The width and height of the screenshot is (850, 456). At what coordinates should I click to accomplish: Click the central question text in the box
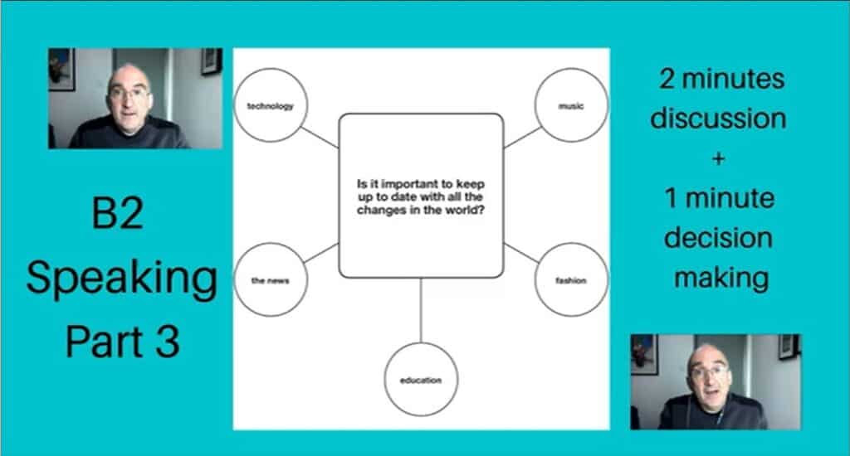click(421, 196)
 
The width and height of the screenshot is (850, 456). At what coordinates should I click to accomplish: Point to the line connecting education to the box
click(421, 310)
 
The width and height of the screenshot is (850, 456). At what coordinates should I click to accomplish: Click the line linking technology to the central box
click(320, 138)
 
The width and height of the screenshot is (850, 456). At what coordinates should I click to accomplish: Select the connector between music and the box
click(522, 138)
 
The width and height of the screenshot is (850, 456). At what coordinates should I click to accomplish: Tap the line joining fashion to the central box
click(521, 253)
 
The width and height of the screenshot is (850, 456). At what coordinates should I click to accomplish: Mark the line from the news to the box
click(321, 253)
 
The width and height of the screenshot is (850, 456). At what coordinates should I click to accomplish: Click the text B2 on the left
click(118, 213)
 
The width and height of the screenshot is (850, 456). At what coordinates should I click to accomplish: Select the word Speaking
click(122, 279)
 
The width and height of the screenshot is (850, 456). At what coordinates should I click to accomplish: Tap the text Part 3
click(123, 342)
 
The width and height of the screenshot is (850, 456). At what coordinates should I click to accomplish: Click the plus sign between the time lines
click(719, 158)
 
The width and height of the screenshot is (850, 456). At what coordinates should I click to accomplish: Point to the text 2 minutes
click(721, 79)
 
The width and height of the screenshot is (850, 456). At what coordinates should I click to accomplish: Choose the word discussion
click(718, 118)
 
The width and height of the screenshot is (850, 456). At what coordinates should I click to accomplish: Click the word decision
click(718, 238)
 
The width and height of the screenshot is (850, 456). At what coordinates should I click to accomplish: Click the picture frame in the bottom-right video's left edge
click(644, 354)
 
